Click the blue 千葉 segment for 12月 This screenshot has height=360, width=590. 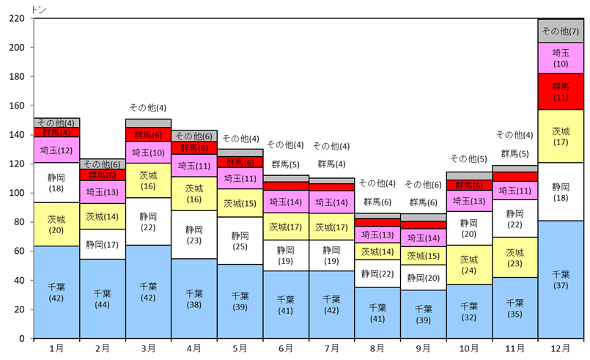click(561, 279)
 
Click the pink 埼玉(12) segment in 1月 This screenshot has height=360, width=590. click(56, 150)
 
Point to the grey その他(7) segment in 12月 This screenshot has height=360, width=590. click(561, 31)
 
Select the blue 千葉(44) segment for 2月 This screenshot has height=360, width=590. click(102, 298)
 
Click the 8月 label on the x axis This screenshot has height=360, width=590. click(377, 349)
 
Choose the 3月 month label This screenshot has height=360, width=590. click(148, 349)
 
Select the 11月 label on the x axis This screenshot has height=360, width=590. click(515, 349)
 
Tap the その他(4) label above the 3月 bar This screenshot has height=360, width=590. click(148, 108)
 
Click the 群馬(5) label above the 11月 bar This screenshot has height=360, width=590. click(515, 153)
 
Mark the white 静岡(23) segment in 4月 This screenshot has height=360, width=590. click(193, 235)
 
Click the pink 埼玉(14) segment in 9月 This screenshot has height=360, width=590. click(423, 238)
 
